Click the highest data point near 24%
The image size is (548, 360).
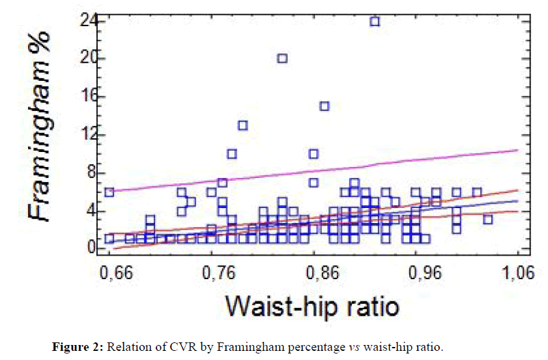375,21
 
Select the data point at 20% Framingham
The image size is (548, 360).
282,58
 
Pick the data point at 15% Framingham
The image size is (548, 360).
324,106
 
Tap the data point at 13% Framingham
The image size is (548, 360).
242,125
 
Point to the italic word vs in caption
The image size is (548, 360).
354,346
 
